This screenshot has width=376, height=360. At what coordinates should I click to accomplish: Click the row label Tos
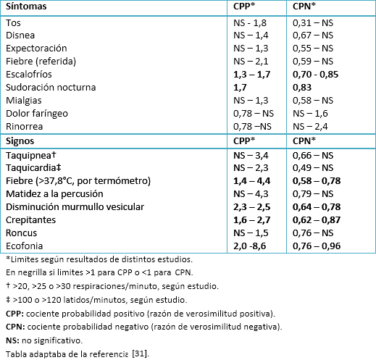(x=13, y=23)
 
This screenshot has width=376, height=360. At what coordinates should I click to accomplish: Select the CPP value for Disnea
(x=251, y=35)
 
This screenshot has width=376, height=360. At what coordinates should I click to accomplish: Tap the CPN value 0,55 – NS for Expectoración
(x=313, y=49)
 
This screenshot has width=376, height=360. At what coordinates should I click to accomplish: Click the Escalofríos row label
(x=29, y=75)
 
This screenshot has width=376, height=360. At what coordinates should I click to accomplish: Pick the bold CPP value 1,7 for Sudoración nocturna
(x=240, y=88)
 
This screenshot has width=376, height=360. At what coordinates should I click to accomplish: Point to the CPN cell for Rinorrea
(x=310, y=127)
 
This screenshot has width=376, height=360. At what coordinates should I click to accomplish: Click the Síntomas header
(x=26, y=7)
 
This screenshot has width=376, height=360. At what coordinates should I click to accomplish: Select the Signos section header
(x=20, y=141)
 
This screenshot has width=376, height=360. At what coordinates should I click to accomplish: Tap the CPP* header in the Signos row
(x=244, y=141)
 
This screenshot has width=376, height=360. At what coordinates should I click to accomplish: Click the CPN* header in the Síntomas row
(x=304, y=7)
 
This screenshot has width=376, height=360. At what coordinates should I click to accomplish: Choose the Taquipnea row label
(x=31, y=155)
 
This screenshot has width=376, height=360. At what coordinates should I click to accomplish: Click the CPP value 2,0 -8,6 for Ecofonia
(x=249, y=246)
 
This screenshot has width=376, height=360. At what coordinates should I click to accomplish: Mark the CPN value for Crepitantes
(x=317, y=220)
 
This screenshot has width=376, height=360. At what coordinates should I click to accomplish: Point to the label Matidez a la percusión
(x=54, y=194)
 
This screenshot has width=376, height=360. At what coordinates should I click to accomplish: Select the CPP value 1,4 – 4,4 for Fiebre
(x=251, y=181)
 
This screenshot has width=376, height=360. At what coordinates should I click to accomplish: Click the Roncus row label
(x=22, y=233)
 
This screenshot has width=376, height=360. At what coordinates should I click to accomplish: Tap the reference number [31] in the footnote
(x=141, y=353)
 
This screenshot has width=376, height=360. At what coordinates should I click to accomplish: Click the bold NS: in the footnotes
(x=13, y=340)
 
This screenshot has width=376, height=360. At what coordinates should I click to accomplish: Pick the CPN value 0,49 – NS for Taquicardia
(x=313, y=168)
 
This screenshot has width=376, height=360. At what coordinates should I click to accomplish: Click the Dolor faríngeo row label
(x=37, y=114)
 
